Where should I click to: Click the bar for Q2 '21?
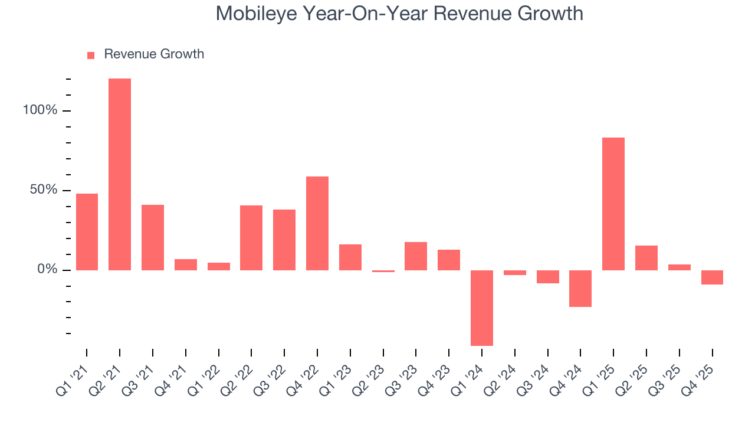[x=120, y=174]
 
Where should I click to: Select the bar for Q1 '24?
[x=482, y=308]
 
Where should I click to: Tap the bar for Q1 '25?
[x=613, y=204]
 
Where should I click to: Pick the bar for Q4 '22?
[x=317, y=223]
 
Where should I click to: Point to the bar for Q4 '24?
[x=580, y=288]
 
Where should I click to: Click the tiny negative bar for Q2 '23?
[x=383, y=271]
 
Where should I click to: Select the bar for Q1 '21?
[x=87, y=231]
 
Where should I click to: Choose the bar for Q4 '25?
[x=712, y=277]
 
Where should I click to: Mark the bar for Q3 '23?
[x=416, y=256]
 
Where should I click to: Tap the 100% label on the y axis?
[x=40, y=111]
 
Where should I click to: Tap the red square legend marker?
[x=91, y=55]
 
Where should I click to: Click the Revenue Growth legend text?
[x=154, y=54]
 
